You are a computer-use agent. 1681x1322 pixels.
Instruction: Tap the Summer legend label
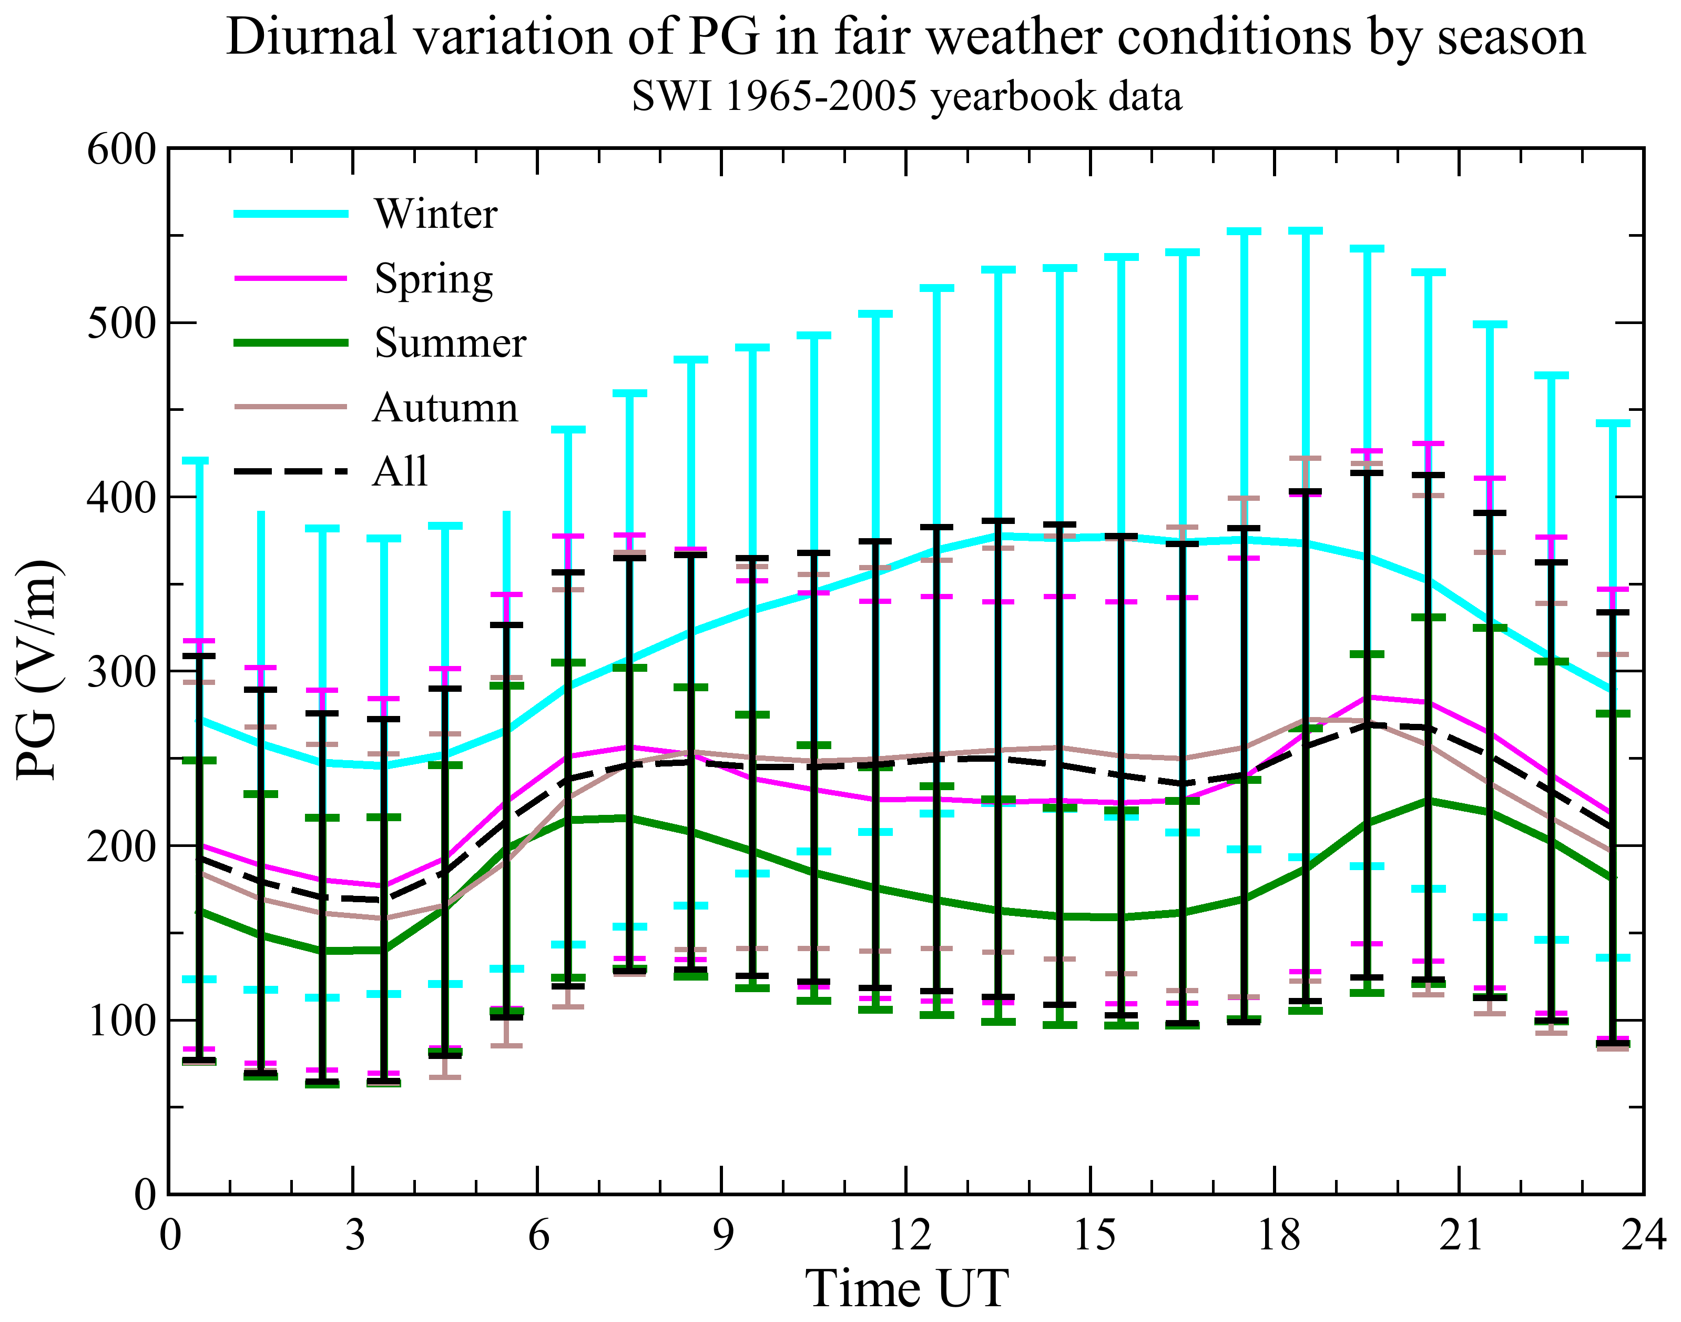(x=450, y=343)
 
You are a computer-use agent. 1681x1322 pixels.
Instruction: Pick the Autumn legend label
(x=445, y=408)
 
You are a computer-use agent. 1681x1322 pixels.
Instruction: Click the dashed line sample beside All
(x=291, y=471)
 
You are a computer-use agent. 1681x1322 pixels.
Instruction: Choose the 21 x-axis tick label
(x=1460, y=1235)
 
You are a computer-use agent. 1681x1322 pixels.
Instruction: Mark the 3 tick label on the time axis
(x=354, y=1235)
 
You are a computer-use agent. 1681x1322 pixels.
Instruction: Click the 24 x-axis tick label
(x=1642, y=1235)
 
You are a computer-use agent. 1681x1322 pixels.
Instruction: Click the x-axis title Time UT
(x=906, y=1289)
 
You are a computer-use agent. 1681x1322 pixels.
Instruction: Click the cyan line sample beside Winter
(x=291, y=214)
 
